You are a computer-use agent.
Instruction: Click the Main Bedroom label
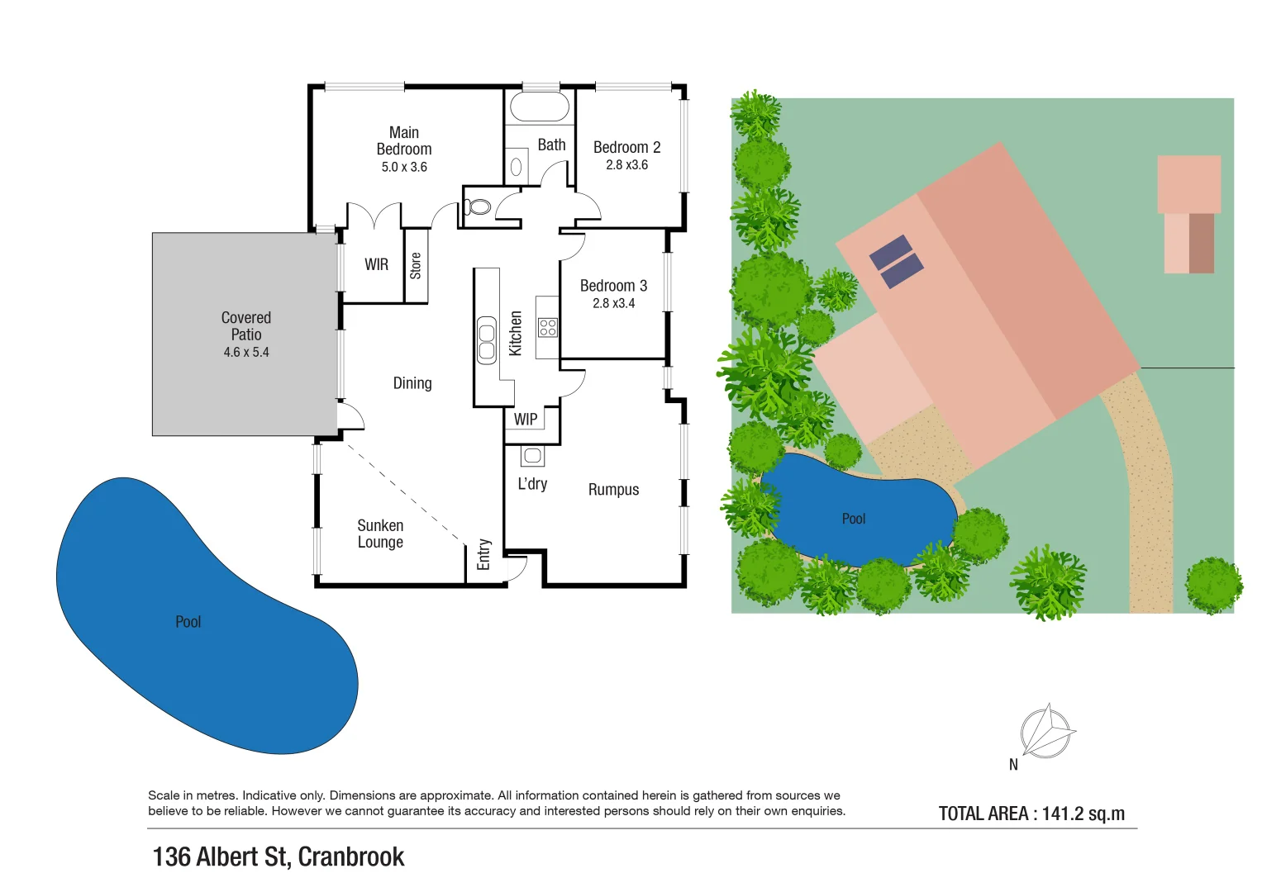pos(403,141)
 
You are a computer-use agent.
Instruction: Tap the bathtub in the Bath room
pos(540,107)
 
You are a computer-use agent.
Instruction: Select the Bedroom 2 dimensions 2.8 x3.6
pos(626,165)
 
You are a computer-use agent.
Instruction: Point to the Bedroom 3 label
pos(613,286)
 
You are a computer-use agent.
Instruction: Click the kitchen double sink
pos(487,340)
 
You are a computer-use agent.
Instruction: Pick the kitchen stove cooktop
pos(547,327)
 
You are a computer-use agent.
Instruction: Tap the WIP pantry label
pos(526,420)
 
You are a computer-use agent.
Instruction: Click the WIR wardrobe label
pos(376,265)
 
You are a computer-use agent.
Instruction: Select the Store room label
pos(416,266)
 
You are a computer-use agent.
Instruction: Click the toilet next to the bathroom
pos(479,206)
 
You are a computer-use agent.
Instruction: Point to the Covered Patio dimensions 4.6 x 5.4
pos(246,353)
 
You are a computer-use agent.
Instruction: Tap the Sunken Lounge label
pos(380,534)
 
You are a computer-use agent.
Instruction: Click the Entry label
pos(484,555)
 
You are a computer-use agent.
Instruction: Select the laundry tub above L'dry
pos(532,456)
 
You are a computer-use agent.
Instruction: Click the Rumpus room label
pos(613,490)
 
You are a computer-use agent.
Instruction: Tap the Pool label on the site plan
pos(853,520)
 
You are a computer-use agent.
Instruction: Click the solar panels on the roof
pos(896,262)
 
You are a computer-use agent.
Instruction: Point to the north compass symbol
pos(1046,732)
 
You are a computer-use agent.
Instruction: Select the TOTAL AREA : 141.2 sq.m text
pos(1031,814)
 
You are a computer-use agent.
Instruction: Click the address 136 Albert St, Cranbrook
pos(279,857)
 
